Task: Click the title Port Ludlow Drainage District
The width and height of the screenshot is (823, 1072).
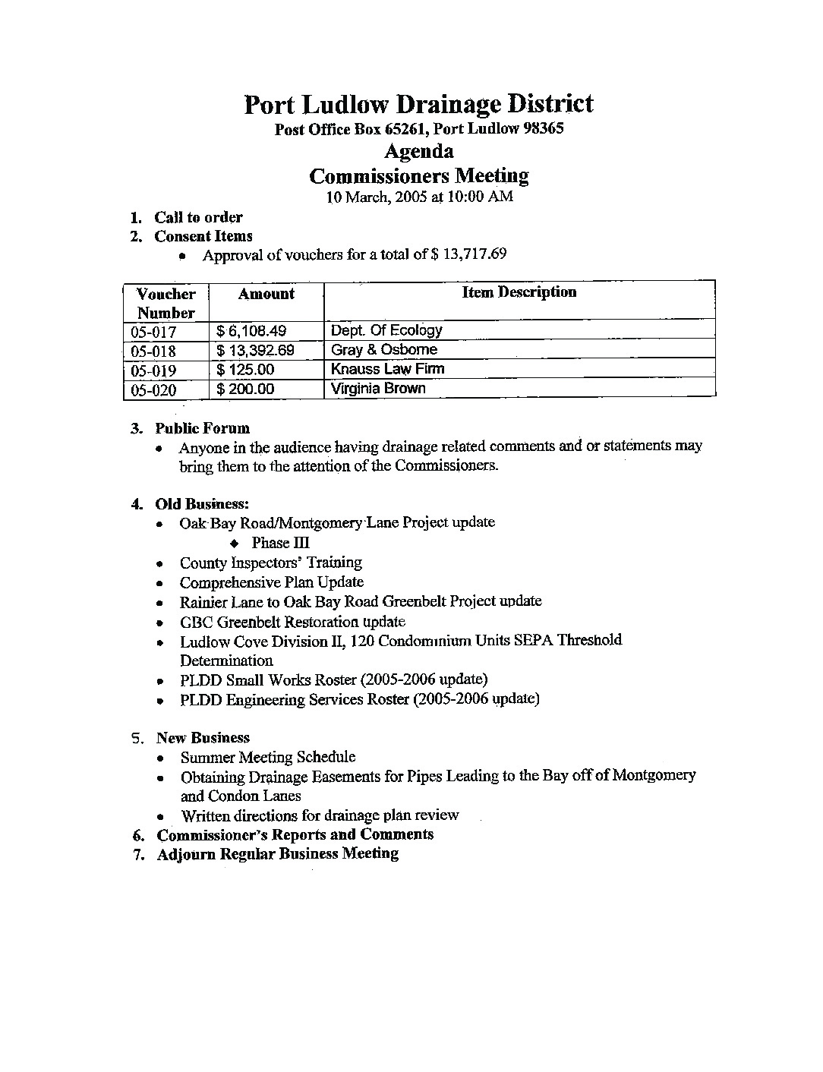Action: [418, 104]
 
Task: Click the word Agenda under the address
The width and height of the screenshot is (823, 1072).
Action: [418, 151]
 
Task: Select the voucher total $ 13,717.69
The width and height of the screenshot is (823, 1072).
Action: [468, 254]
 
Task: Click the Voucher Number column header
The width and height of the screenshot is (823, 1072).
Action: [166, 303]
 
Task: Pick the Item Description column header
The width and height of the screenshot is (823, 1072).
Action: [519, 292]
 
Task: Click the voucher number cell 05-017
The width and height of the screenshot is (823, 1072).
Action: [153, 332]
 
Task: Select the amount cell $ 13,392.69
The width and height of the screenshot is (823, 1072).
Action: [255, 351]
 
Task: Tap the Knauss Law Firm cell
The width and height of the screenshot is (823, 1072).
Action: [387, 369]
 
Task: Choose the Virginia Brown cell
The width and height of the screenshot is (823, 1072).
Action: [378, 388]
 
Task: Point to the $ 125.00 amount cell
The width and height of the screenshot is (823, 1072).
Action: [245, 370]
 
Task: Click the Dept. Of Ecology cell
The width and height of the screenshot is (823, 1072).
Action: [386, 330]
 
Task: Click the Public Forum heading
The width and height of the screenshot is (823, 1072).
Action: [202, 428]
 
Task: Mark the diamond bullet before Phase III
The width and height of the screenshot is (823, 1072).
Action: [235, 544]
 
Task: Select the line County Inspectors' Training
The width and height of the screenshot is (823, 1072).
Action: [270, 563]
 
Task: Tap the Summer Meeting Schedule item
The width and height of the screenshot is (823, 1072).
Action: [267, 757]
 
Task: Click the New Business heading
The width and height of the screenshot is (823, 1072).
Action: [203, 738]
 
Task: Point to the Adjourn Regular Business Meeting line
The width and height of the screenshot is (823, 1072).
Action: [277, 853]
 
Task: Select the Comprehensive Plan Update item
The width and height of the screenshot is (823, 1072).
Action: [271, 582]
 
